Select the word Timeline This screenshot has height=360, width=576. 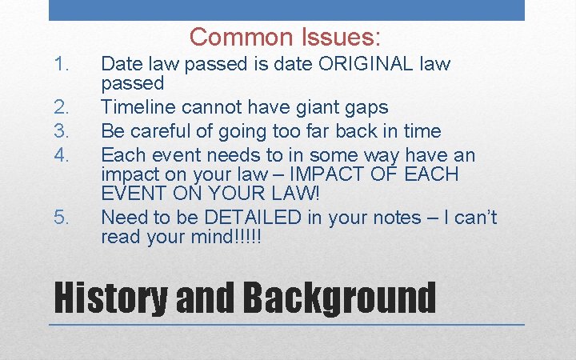[x=141, y=107]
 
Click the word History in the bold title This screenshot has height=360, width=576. [x=110, y=298]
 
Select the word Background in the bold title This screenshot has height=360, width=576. [x=339, y=298]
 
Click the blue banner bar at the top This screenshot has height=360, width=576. [x=286, y=10]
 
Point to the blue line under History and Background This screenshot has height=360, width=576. [x=286, y=325]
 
